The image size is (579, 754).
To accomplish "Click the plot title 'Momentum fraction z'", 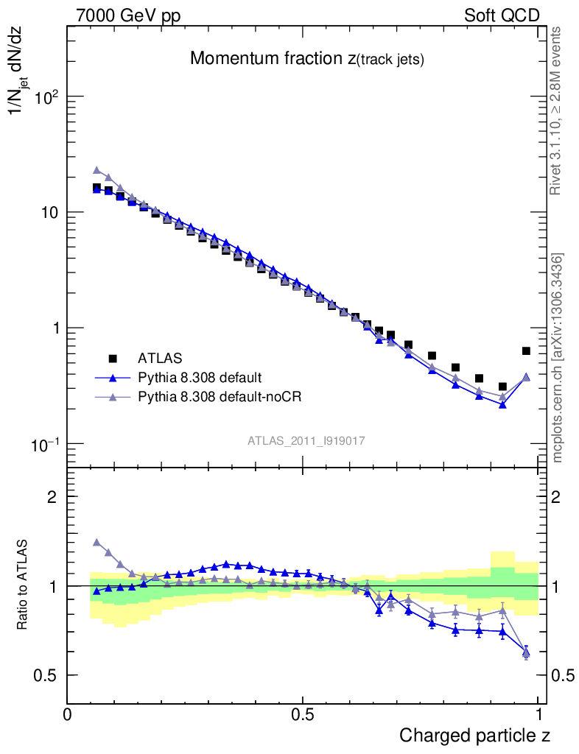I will (306, 60).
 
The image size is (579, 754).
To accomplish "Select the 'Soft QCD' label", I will (502, 15).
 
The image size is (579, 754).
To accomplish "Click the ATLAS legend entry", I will (158, 359).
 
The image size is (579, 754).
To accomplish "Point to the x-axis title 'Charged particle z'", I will (474, 735).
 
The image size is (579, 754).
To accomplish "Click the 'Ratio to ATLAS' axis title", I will (23, 585).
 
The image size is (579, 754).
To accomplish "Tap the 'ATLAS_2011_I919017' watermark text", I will (306, 440).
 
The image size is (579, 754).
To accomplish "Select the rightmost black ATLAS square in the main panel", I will (526, 351).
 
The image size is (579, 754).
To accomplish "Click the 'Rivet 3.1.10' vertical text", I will (557, 111).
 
